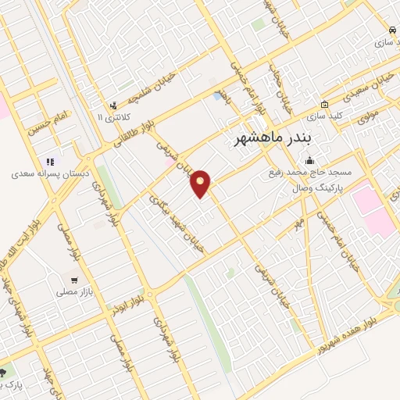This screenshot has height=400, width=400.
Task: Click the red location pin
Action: (x=202, y=184)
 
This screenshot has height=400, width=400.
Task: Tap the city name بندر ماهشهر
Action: (x=273, y=137)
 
